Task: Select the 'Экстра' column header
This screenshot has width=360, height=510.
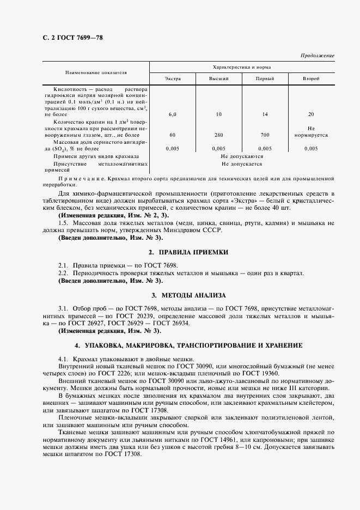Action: (173, 79)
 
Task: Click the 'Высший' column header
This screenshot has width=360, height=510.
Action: (219, 79)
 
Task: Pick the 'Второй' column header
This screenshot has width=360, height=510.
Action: (311, 79)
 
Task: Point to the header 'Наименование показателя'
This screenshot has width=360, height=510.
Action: (96, 72)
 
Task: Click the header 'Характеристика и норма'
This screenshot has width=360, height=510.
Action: (242, 67)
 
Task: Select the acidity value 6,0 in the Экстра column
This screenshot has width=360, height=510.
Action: (173, 114)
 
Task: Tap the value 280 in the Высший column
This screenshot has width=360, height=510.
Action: (219, 135)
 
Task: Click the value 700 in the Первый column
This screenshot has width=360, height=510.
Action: (265, 135)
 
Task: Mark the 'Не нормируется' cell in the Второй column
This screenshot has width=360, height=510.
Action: (311, 131)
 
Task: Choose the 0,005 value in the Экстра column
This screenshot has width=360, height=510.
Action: (173, 148)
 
